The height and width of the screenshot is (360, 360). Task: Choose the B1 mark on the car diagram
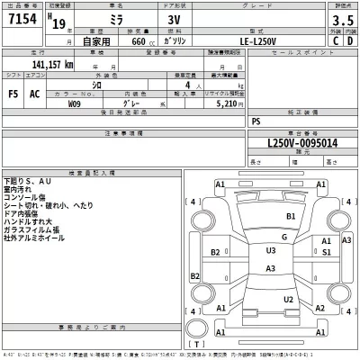tap(291, 217)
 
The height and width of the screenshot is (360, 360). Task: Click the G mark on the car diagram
tap(284, 238)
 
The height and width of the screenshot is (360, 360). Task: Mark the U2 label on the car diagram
tap(288, 300)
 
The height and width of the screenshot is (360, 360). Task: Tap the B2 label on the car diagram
tap(216, 252)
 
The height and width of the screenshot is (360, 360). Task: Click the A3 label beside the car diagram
tap(346, 241)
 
